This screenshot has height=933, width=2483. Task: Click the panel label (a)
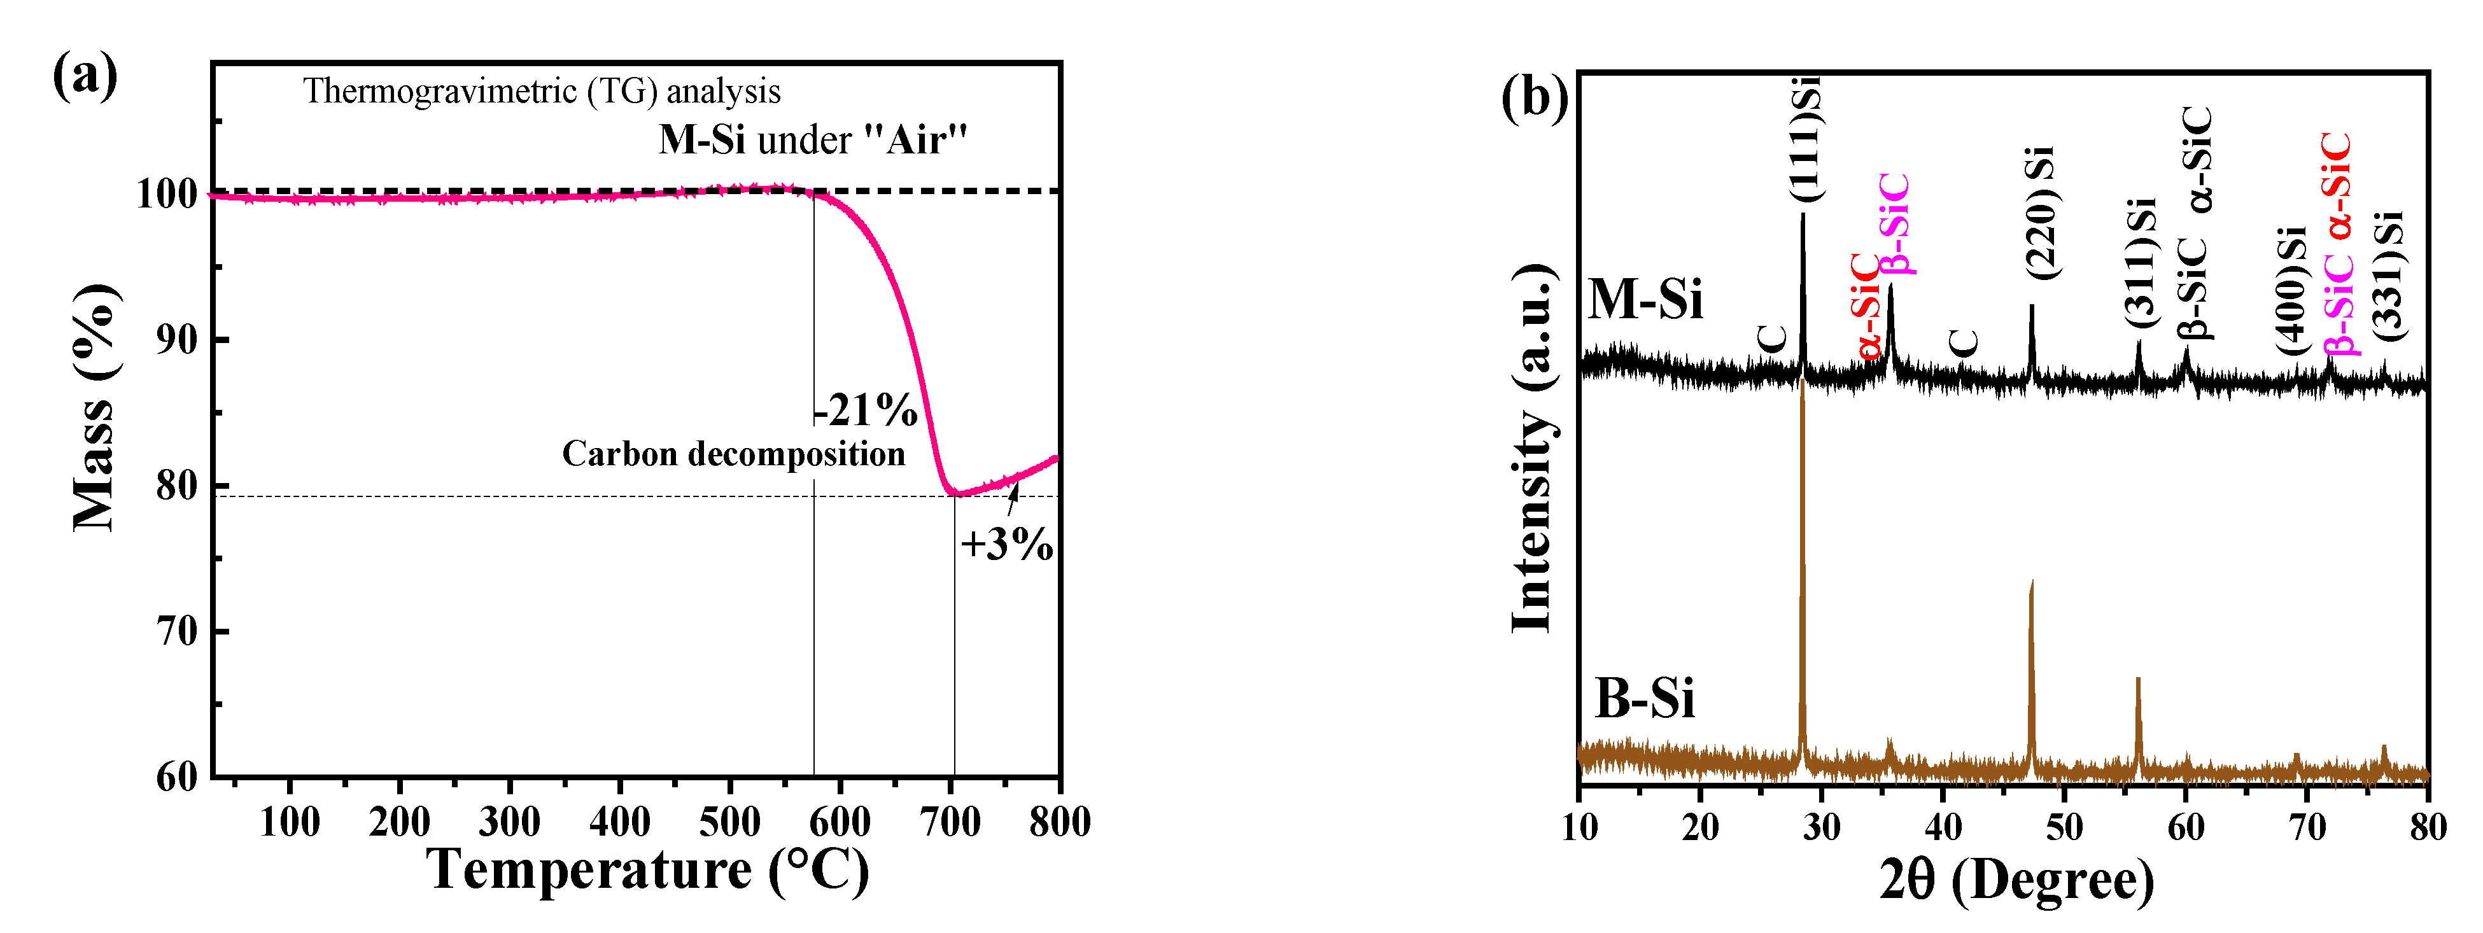pyautogui.click(x=85, y=77)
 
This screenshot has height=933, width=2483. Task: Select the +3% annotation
pyautogui.click(x=1005, y=545)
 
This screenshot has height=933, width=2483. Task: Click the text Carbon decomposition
pyautogui.click(x=733, y=454)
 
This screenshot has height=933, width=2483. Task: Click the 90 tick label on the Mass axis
pyautogui.click(x=178, y=340)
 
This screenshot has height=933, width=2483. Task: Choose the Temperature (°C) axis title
pyautogui.click(x=648, y=871)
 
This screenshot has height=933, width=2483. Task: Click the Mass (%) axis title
pyautogui.click(x=94, y=408)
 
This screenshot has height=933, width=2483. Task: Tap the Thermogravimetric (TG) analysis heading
pyautogui.click(x=542, y=92)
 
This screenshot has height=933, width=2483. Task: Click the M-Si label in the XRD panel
pyautogui.click(x=1645, y=300)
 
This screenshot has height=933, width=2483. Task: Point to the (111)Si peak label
pyautogui.click(x=1804, y=140)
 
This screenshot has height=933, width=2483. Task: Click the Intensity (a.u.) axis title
pyautogui.click(x=1533, y=448)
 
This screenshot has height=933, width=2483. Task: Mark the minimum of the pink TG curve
pyautogui.click(x=954, y=493)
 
